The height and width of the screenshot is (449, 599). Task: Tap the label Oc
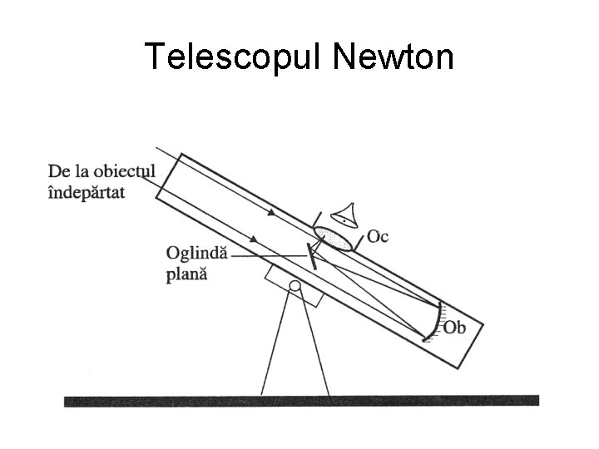(378, 237)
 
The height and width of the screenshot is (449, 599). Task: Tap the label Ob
(455, 328)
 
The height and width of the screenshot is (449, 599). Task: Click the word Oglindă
(196, 254)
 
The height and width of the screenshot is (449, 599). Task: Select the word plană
(186, 274)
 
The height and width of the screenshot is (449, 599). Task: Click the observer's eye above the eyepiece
(344, 215)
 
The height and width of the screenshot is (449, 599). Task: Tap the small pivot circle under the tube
(293, 288)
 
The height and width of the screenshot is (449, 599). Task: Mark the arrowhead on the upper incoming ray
(270, 213)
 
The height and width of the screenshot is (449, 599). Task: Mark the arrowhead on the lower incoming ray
(252, 239)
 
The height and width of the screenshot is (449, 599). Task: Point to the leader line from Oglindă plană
(266, 257)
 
